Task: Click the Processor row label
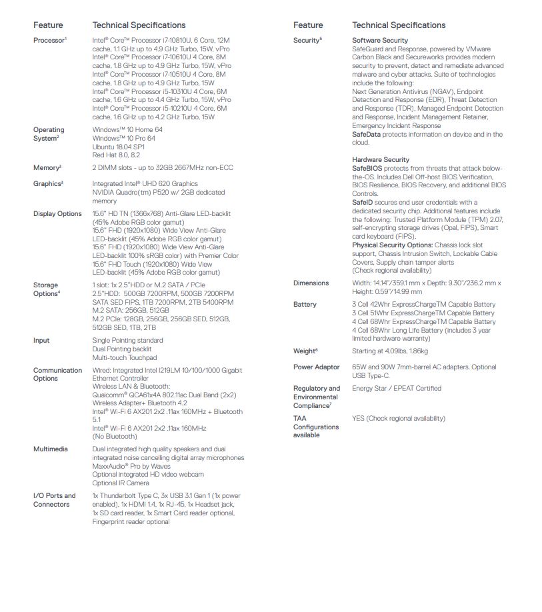(x=49, y=40)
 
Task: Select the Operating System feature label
(x=49, y=133)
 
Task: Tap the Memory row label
(x=47, y=167)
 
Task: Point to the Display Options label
(x=57, y=213)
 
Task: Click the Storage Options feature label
(x=46, y=289)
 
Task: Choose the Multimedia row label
(x=51, y=449)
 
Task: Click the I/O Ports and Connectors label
(x=55, y=500)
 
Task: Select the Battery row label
(x=305, y=304)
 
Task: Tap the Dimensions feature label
(x=311, y=283)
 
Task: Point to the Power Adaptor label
(x=316, y=367)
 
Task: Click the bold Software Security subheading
(x=380, y=40)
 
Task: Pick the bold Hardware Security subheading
(x=381, y=159)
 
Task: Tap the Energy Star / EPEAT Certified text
(x=396, y=388)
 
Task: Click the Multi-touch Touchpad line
(x=124, y=357)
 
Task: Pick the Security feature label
(x=307, y=40)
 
